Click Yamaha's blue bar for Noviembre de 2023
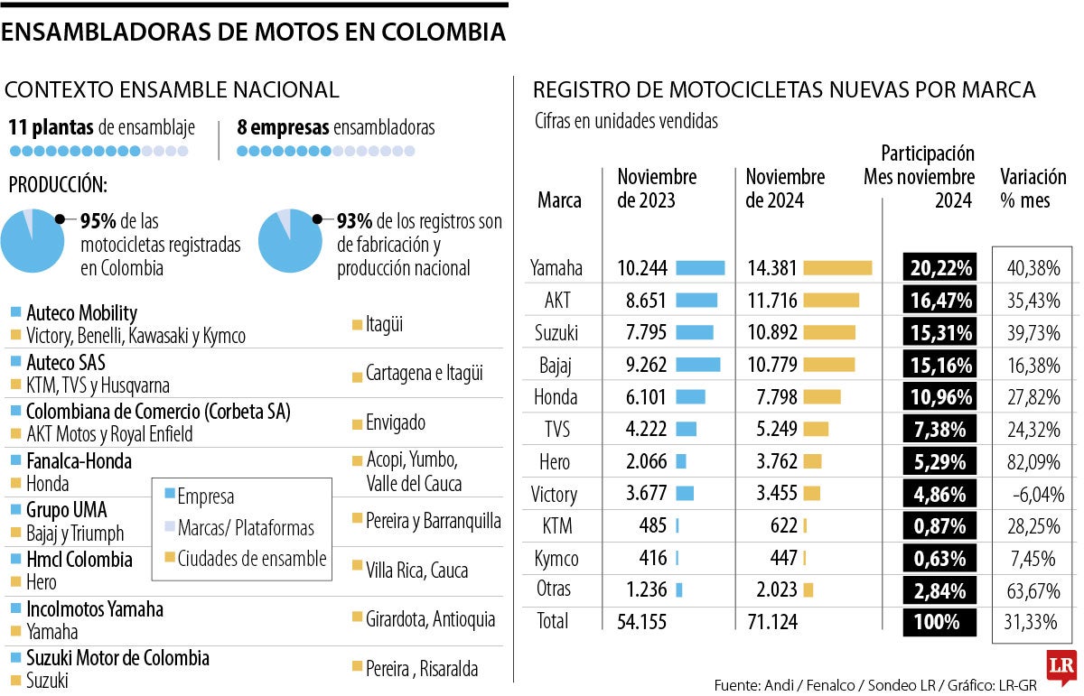[700, 268]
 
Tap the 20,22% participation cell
[939, 268]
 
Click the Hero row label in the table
[555, 462]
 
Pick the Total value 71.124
[772, 621]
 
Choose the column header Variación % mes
[1033, 188]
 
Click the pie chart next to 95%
[33, 240]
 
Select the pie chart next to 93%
[290, 240]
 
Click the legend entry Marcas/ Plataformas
[246, 527]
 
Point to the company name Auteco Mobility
[81, 313]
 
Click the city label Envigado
[395, 422]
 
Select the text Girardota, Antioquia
[430, 619]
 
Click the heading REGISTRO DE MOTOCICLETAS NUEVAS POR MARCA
[784, 90]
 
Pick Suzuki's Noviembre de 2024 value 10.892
[772, 332]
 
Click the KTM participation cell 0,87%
[939, 526]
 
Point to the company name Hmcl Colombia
[79, 559]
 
